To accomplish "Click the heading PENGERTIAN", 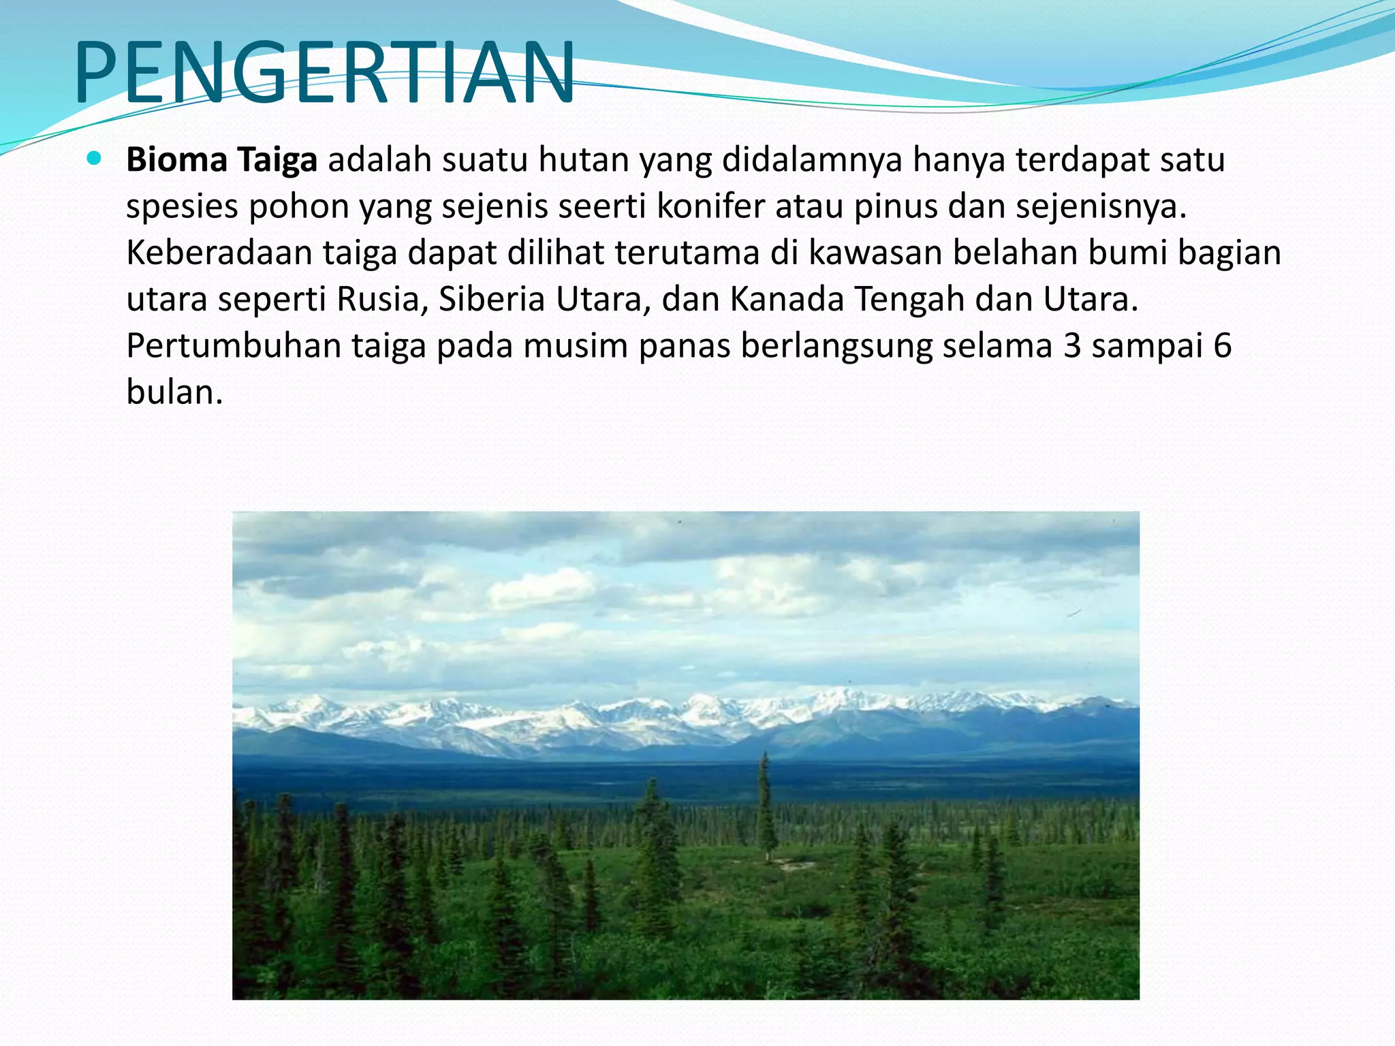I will [324, 72].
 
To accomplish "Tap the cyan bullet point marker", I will [95, 159].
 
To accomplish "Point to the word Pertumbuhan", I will [234, 345].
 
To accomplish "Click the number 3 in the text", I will [1072, 345].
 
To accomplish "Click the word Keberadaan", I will [219, 253].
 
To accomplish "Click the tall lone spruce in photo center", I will [766, 804].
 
